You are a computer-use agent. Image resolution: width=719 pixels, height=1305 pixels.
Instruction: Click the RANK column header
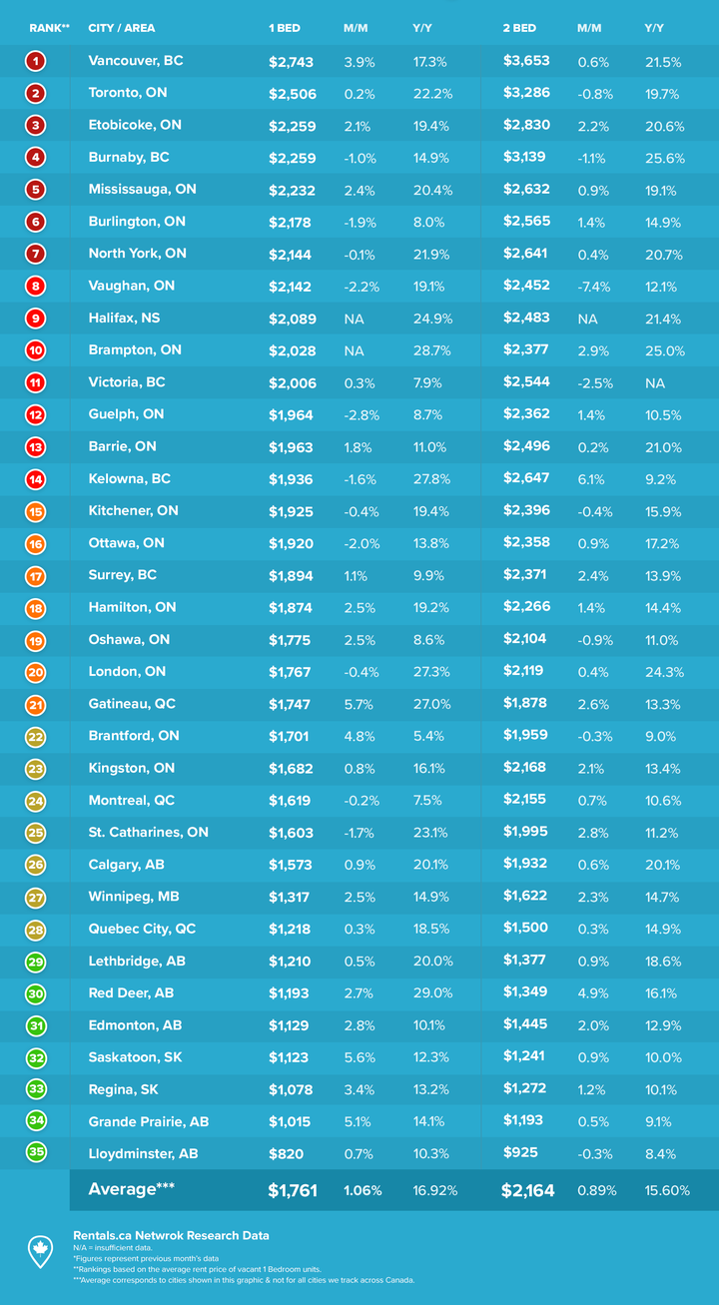(49, 28)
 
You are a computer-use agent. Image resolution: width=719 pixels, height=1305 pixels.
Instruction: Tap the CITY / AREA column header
(121, 28)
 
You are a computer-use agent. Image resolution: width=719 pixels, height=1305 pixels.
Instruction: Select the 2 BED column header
(519, 28)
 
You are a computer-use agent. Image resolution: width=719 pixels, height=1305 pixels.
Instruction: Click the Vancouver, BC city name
(136, 61)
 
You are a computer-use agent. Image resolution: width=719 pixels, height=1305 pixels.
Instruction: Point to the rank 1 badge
(36, 61)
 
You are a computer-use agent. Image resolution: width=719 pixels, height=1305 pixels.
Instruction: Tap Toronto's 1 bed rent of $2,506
(293, 94)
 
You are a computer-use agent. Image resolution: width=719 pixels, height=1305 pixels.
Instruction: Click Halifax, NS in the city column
(124, 319)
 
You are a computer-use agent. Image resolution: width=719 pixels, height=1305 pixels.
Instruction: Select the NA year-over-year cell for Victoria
(655, 383)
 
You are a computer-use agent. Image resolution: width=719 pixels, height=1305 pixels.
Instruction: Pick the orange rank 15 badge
(36, 512)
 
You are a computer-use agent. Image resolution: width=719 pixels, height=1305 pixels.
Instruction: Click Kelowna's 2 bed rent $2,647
(526, 478)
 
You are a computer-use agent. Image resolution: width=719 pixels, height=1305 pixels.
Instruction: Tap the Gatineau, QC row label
(132, 704)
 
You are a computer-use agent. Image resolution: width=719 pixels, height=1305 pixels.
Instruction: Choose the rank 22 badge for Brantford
(36, 737)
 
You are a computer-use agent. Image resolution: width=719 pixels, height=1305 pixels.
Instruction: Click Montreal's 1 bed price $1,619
(290, 801)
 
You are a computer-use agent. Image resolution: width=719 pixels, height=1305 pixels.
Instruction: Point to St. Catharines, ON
(148, 832)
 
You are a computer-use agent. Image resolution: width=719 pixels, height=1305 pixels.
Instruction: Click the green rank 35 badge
(36, 1152)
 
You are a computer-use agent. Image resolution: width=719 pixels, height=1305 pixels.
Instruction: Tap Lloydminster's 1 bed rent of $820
(286, 1154)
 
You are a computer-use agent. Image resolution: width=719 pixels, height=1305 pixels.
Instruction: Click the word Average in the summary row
(122, 1189)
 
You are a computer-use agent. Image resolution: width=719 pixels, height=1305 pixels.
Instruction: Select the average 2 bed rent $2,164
(528, 1190)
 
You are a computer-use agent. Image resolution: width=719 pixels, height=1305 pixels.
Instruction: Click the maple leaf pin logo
(40, 1251)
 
